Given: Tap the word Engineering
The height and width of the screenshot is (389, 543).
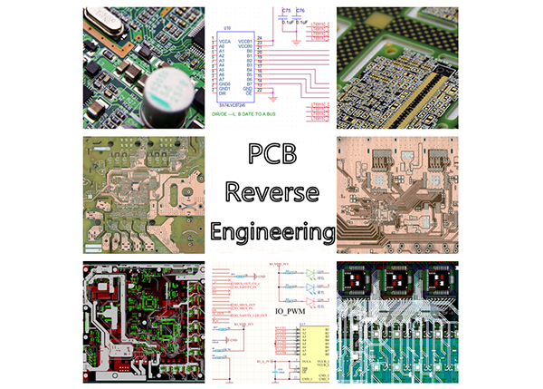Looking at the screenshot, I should tap(271, 229).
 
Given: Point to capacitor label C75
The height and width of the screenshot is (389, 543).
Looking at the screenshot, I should tap(286, 9).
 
